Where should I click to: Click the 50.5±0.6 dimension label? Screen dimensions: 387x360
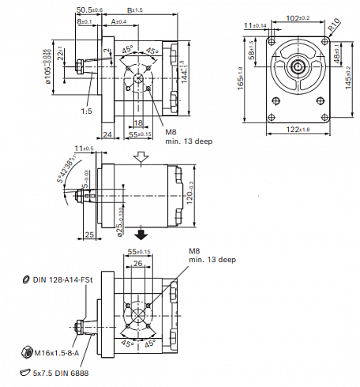pos(89,9)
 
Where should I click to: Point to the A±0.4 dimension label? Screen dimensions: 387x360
pos(118,21)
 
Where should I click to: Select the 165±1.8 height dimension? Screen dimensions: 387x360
pos(241,78)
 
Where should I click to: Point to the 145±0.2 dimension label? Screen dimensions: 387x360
pos(348,77)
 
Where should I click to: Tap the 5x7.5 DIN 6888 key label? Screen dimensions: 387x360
pos(64,372)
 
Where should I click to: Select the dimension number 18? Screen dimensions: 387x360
pos(138,122)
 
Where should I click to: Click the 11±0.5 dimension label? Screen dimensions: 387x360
pos(83,148)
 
